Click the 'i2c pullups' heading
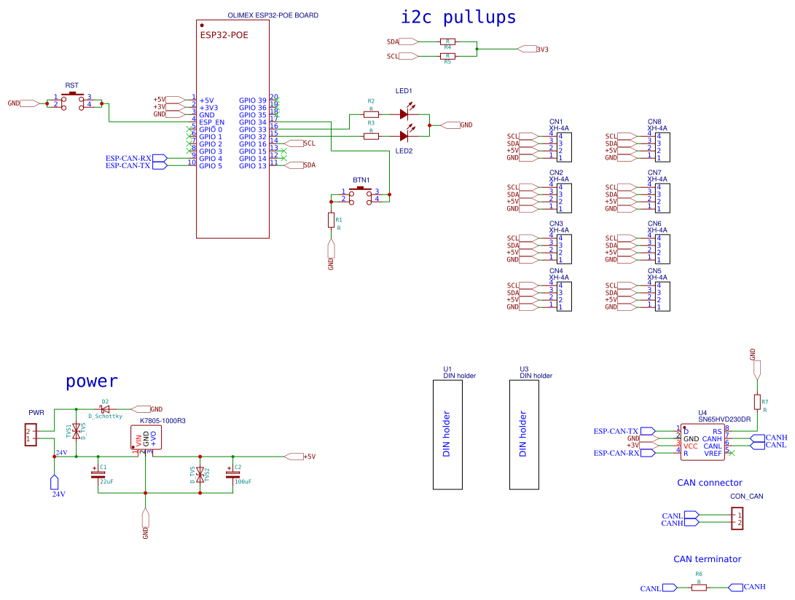(x=458, y=17)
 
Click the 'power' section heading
(x=92, y=381)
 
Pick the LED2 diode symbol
(x=405, y=136)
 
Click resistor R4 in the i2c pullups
(x=447, y=42)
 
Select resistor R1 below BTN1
(x=331, y=219)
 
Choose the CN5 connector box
(x=662, y=296)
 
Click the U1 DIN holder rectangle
(x=447, y=434)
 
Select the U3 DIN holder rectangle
(x=523, y=434)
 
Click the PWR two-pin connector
(x=31, y=435)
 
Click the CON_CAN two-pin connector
(x=737, y=519)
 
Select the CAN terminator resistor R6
(x=698, y=587)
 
